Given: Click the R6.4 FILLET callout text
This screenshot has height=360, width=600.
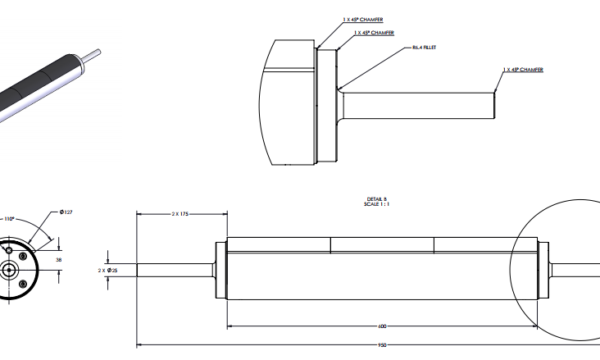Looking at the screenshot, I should [x=426, y=47].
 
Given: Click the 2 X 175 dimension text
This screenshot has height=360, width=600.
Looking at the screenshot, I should [x=181, y=213].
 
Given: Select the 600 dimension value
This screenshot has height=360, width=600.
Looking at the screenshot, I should [x=383, y=326].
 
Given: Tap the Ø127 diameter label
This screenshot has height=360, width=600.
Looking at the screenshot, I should [x=67, y=213].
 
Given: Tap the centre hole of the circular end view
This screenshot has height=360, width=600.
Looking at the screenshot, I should [x=10, y=270].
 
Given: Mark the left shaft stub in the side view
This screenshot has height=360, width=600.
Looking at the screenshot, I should [x=176, y=269].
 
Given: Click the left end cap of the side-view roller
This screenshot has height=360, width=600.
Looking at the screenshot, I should [x=221, y=269].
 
